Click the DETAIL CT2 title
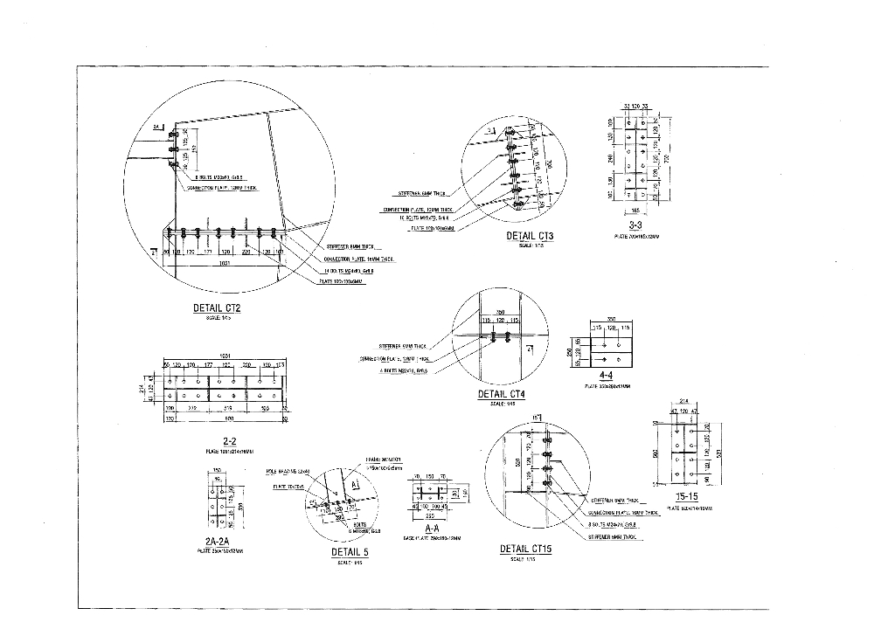tap(217, 308)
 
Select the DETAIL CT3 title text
tap(530, 236)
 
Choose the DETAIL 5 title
tap(350, 552)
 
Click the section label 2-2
tap(231, 441)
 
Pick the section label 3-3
tap(635, 225)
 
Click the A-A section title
tap(432, 529)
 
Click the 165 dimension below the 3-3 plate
tap(635, 211)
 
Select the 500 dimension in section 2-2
tap(229, 418)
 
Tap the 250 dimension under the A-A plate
tap(430, 515)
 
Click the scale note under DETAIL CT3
tap(530, 245)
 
